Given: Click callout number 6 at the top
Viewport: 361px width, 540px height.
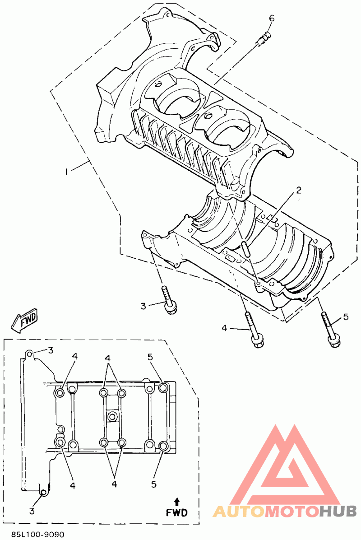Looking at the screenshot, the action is [x=272, y=18].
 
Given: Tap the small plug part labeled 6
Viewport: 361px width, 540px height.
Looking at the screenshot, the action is [x=264, y=38].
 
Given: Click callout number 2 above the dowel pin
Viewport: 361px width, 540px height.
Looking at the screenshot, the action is [x=298, y=190].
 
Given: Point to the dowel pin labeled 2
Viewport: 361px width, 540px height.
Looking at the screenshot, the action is [x=245, y=249].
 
